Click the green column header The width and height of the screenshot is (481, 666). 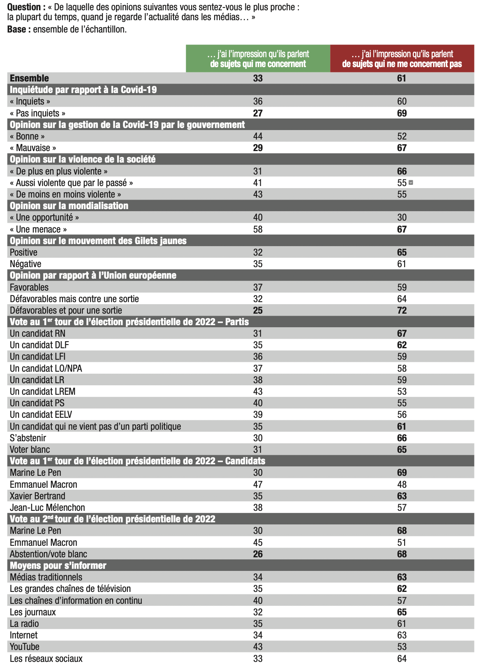[258, 59]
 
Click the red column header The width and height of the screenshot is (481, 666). [402, 59]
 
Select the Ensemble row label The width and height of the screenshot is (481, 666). [29, 78]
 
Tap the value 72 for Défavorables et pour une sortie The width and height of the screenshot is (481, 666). [402, 310]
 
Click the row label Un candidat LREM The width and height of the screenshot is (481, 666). [43, 391]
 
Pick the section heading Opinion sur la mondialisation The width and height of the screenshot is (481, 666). [69, 206]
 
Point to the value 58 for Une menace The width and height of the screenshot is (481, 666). [258, 229]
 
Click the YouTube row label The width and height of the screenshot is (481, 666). [25, 647]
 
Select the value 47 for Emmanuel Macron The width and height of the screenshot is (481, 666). [258, 484]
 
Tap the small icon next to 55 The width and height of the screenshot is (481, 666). [411, 182]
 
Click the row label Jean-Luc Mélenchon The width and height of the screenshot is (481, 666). [47, 508]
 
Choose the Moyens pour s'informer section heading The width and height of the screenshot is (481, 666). [58, 566]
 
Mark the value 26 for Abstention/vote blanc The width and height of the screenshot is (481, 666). [258, 554]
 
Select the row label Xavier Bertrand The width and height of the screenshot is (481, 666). [37, 496]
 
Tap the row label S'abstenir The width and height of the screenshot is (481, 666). [28, 438]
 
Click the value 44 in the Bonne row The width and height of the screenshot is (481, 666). [258, 136]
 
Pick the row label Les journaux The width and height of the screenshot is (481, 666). [33, 612]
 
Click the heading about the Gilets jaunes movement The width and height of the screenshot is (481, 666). [98, 241]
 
